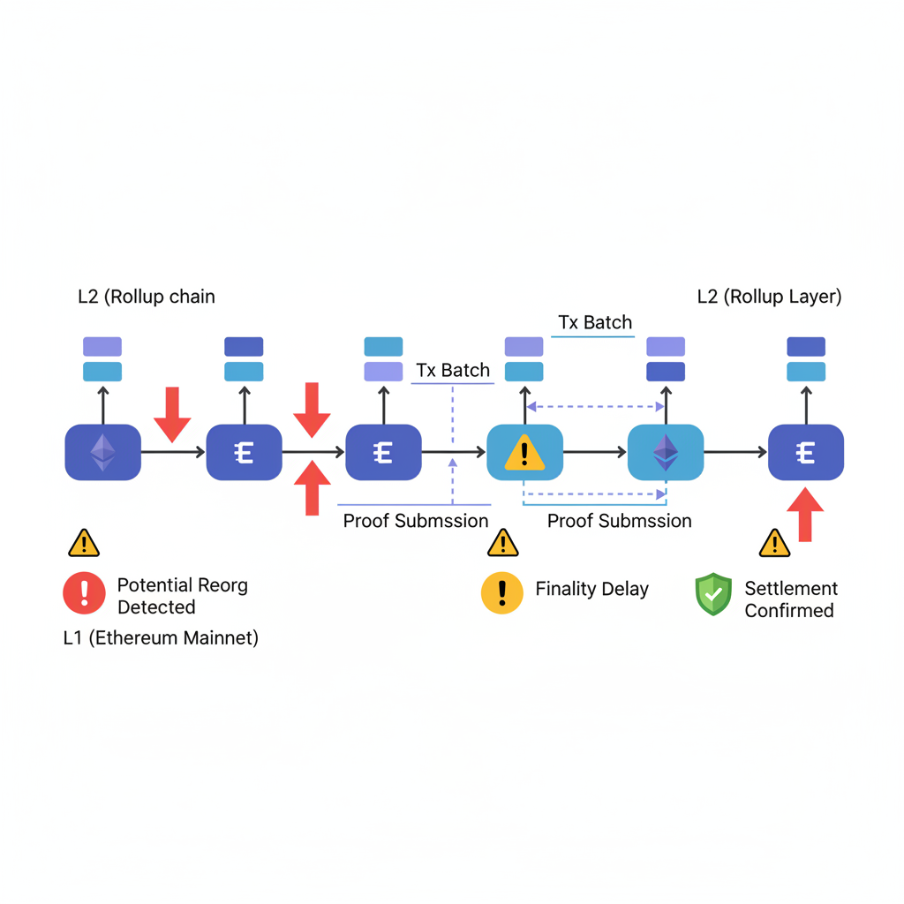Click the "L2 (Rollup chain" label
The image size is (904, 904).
pyautogui.click(x=147, y=297)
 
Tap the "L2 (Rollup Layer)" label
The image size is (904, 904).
pyautogui.click(x=769, y=297)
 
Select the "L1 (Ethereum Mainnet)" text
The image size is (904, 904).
pyautogui.click(x=161, y=637)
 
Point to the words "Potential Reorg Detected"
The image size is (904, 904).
pyautogui.click(x=182, y=596)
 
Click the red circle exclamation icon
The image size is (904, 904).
pyautogui.click(x=84, y=592)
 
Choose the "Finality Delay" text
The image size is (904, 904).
pyautogui.click(x=591, y=589)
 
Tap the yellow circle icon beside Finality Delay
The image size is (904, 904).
pyautogui.click(x=502, y=591)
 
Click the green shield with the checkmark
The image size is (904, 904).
pyautogui.click(x=713, y=594)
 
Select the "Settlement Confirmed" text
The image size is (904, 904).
pyautogui.click(x=790, y=599)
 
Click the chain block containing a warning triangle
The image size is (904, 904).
pyautogui.click(x=524, y=453)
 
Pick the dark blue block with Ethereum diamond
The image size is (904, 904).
pyautogui.click(x=103, y=453)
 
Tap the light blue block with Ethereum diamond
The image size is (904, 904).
pyautogui.click(x=665, y=453)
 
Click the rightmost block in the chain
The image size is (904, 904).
pyautogui.click(x=805, y=453)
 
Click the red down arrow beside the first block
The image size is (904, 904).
pyautogui.click(x=172, y=413)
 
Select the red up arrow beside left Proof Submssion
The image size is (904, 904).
pyautogui.click(x=312, y=487)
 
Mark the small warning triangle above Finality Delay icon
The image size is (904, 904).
pyautogui.click(x=503, y=543)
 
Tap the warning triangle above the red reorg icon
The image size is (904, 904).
pyautogui.click(x=84, y=543)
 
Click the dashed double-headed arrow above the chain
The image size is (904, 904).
pyautogui.click(x=595, y=407)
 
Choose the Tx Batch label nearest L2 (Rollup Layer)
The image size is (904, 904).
pyautogui.click(x=595, y=322)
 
